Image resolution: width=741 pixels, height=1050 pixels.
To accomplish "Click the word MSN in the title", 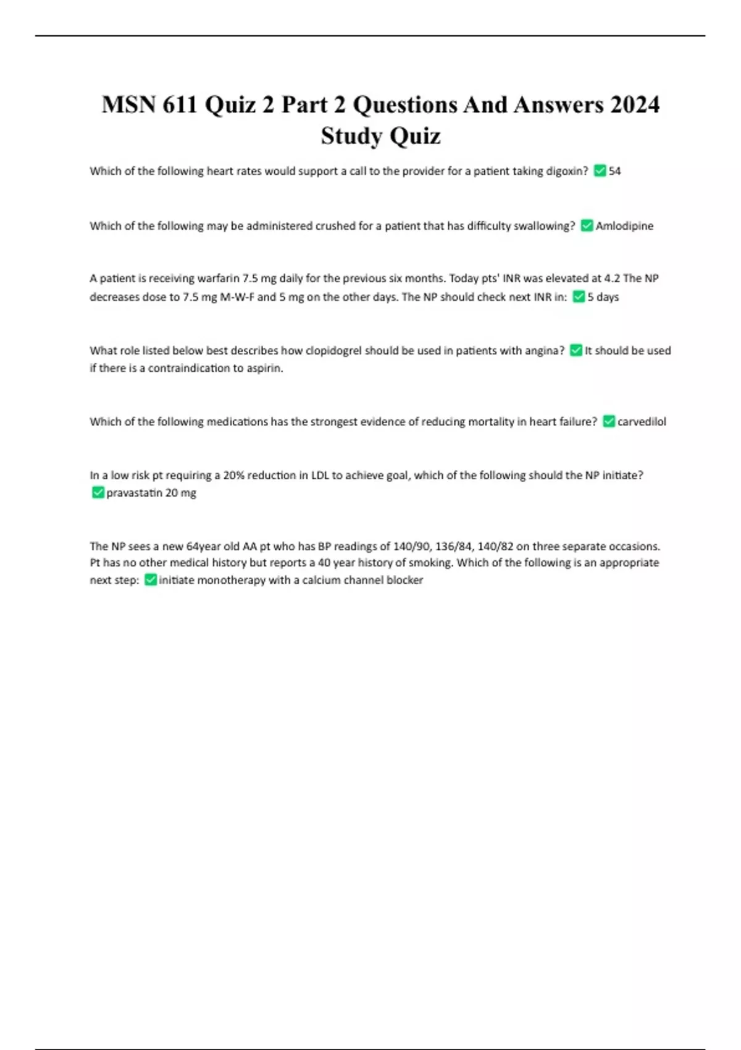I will [128, 104].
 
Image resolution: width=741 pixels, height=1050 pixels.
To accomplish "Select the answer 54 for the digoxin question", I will [614, 171].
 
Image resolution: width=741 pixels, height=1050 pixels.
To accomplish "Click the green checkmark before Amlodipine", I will [587, 226].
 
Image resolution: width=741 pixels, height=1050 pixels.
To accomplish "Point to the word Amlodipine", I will [624, 226].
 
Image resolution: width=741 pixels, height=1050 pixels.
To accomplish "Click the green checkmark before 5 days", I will [579, 297].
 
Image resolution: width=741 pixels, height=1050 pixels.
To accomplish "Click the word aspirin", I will [266, 368].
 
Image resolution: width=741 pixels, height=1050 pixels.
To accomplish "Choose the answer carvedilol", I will [642, 422].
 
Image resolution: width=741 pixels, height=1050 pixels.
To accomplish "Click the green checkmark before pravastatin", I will [98, 493].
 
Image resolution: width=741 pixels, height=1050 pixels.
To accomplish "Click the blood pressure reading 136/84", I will [454, 547].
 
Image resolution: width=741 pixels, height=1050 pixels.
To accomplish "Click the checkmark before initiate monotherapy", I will [150, 580].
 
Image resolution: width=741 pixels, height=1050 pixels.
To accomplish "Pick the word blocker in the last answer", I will [404, 580].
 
